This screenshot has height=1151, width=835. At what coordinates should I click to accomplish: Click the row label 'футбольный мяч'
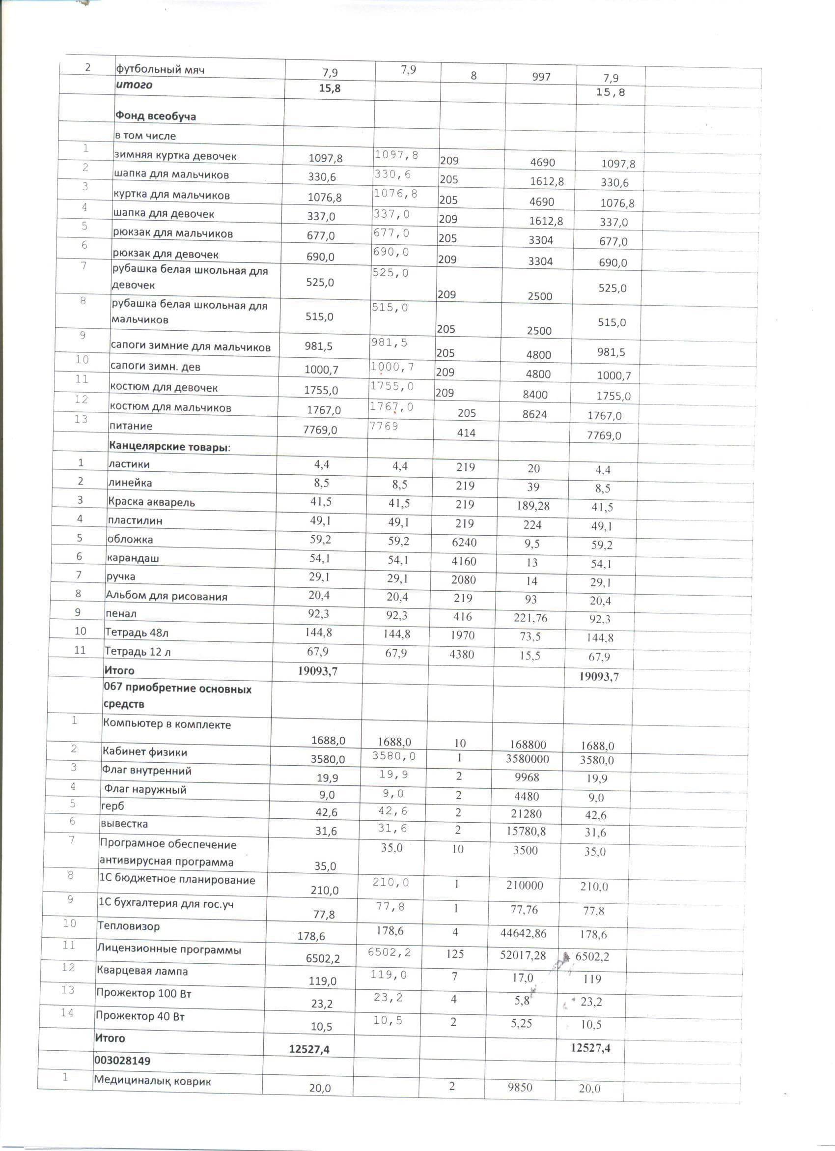coord(160,69)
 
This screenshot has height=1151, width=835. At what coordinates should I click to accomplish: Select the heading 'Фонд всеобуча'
coord(155,116)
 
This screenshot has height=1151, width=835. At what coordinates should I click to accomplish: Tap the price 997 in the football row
coord(541,77)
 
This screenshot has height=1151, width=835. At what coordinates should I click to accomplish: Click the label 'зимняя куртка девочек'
coord(175,156)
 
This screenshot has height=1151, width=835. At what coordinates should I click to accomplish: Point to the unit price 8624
coord(535,414)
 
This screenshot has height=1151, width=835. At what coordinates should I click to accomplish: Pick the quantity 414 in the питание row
coord(466,433)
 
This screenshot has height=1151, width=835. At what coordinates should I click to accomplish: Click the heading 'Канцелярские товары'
coord(169,447)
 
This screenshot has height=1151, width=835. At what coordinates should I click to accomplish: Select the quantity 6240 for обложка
coord(464,543)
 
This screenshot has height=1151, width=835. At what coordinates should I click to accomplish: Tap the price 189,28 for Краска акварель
coord(531,506)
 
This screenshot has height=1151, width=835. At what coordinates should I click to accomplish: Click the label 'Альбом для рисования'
coord(167,596)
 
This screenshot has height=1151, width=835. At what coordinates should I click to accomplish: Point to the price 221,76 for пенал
coord(529,618)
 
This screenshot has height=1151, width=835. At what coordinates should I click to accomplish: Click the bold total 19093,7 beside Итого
coord(318,671)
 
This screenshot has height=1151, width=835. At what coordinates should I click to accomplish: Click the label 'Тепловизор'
coord(128,926)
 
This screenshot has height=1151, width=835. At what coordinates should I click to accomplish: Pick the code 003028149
coord(122,1061)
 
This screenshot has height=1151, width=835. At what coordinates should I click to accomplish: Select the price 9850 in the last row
coord(520,1087)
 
